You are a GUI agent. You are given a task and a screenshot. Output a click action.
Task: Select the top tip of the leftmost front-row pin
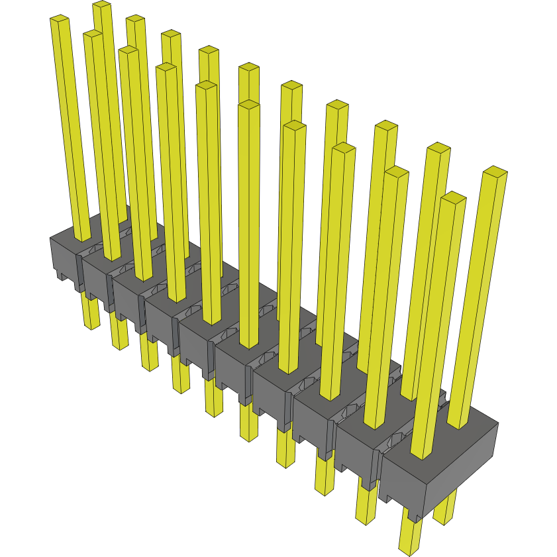click(59, 21)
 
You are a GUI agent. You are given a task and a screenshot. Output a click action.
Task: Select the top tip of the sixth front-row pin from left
click(249, 106)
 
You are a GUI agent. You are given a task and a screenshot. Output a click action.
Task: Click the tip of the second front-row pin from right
click(396, 172)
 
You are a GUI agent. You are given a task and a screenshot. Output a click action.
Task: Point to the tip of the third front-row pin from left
click(128, 51)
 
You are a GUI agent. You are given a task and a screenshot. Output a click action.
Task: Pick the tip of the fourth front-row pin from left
click(166, 68)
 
